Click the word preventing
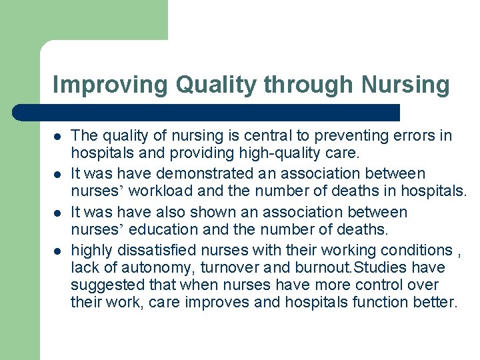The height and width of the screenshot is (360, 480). tap(343, 135)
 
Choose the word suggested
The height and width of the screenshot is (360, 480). tap(103, 285)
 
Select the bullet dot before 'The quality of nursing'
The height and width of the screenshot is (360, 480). tap(57, 136)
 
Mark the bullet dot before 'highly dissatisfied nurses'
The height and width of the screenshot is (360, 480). tap(57, 251)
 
